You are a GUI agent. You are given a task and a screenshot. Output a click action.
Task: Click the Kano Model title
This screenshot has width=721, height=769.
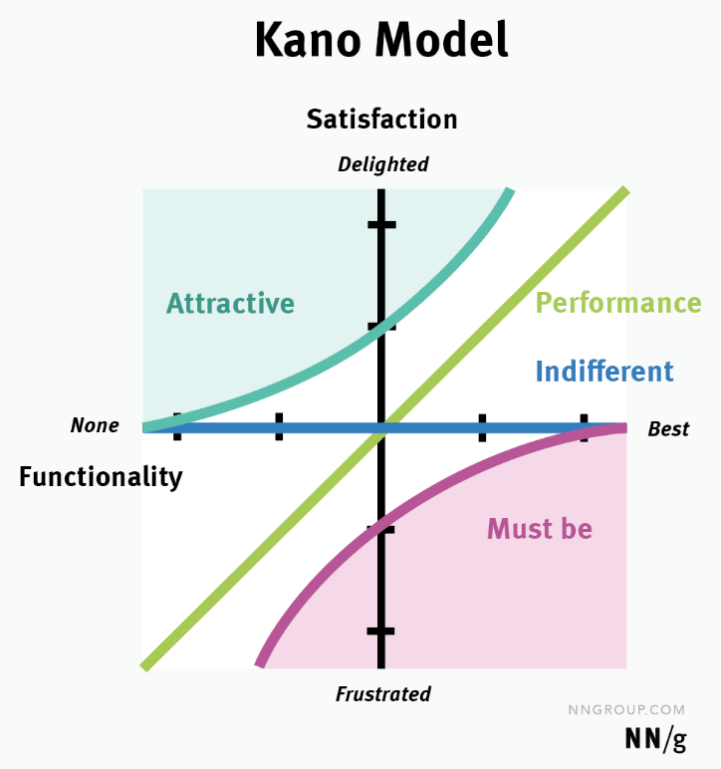pyautogui.click(x=381, y=40)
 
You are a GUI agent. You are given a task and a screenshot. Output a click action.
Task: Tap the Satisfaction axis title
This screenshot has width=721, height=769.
pyautogui.click(x=381, y=120)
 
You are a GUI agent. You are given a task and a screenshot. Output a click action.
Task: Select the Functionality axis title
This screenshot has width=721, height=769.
pyautogui.click(x=101, y=477)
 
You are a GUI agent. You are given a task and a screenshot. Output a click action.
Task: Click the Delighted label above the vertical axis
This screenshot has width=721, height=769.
pyautogui.click(x=382, y=164)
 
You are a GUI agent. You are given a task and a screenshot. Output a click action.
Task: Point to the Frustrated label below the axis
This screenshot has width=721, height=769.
pyautogui.click(x=382, y=694)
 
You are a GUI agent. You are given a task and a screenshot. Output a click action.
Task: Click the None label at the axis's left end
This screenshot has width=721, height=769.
pyautogui.click(x=95, y=425)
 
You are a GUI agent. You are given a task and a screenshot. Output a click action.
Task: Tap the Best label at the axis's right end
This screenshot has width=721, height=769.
pyautogui.click(x=668, y=429)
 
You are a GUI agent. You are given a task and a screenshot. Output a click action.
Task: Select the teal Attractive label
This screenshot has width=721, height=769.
pyautogui.click(x=230, y=303)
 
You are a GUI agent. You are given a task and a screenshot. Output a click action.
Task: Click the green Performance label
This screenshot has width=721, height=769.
pyautogui.click(x=618, y=303)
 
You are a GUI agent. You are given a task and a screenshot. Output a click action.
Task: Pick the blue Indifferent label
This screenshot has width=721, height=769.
pyautogui.click(x=604, y=371)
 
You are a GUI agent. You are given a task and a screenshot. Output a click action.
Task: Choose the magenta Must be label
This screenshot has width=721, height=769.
pyautogui.click(x=540, y=529)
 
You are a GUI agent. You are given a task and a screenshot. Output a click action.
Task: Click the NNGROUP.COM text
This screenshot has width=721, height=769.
pyautogui.click(x=626, y=709)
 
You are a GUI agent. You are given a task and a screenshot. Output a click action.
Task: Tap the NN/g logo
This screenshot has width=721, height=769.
pyautogui.click(x=655, y=739)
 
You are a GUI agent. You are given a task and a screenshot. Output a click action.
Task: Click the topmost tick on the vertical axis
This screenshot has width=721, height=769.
pyautogui.click(x=381, y=225)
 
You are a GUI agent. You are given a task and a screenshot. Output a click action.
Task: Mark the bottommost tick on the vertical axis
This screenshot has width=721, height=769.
pyautogui.click(x=380, y=632)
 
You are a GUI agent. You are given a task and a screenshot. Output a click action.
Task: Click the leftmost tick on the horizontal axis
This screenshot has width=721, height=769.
pyautogui.click(x=177, y=426)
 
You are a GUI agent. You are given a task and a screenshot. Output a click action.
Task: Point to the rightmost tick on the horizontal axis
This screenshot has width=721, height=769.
pyautogui.click(x=584, y=427)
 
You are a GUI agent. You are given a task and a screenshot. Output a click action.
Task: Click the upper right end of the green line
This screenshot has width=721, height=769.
pyautogui.click(x=626, y=190)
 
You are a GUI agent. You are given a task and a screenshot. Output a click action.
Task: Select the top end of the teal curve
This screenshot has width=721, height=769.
pyautogui.click(x=510, y=190)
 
